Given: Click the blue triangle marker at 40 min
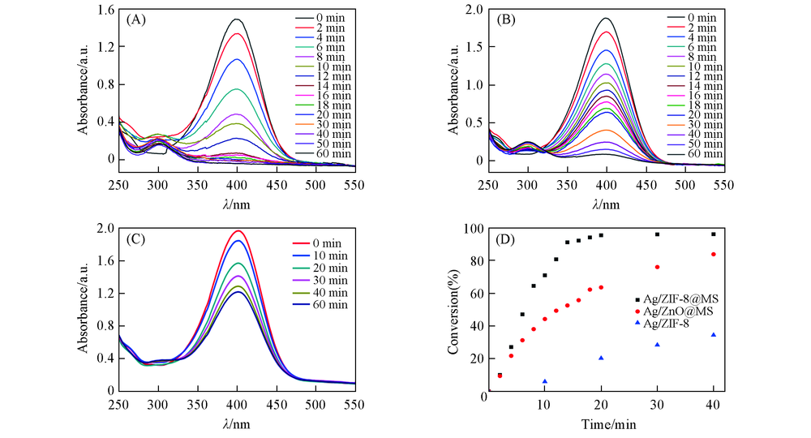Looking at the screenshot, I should tap(714, 334).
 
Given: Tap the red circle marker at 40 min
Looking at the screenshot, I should tap(714, 254).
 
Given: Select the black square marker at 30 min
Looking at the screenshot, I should tap(657, 234).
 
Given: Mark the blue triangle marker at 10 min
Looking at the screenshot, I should tap(545, 381).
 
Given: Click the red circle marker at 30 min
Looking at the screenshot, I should tap(657, 267).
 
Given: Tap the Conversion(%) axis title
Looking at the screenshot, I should tap(453, 310).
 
